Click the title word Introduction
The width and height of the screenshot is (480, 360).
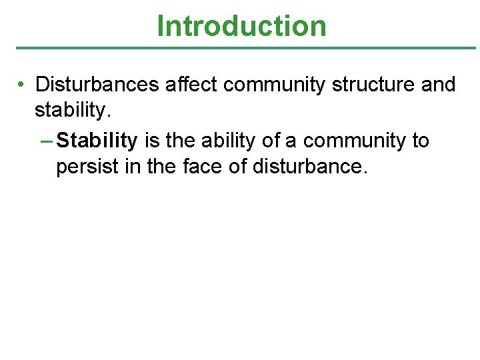241,26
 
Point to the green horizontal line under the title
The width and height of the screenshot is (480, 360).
245,48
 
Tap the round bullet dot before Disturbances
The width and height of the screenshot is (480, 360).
22,85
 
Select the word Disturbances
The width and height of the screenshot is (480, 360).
97,85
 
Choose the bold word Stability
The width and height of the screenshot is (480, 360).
97,141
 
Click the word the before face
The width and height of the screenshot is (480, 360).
160,166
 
